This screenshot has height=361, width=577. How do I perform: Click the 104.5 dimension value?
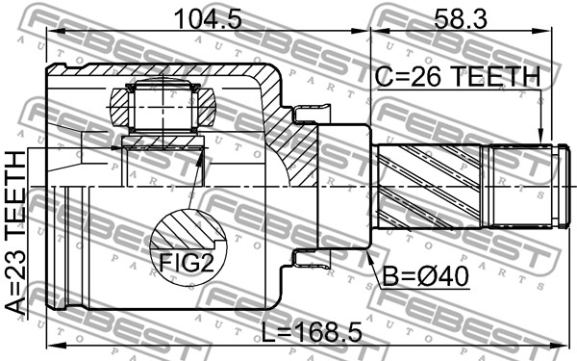pyautogui.click(x=208, y=19)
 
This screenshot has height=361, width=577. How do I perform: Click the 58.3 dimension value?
pyautogui.click(x=461, y=19)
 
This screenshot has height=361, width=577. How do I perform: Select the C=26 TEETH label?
pyautogui.click(x=458, y=77)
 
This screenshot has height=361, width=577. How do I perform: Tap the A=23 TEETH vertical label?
pyautogui.click(x=16, y=233)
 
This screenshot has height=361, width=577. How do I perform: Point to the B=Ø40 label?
pyautogui.click(x=426, y=276)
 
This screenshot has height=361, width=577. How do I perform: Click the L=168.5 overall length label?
pyautogui.click(x=312, y=331)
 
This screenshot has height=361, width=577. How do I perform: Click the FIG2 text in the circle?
pyautogui.click(x=186, y=263)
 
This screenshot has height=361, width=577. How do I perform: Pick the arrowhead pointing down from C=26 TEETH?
pyautogui.click(x=540, y=136)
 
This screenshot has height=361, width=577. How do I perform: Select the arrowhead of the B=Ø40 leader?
pyautogui.click(x=369, y=256)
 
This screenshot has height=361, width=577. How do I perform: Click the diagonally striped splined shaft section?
pyautogui.click(x=430, y=187)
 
